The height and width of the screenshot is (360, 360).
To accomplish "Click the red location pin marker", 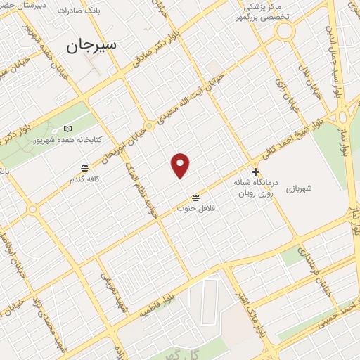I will pyautogui.click(x=181, y=165).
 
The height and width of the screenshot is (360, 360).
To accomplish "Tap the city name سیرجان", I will pyautogui.click(x=92, y=46).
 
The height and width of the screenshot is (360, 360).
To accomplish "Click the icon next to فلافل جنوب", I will pyautogui.click(x=195, y=197).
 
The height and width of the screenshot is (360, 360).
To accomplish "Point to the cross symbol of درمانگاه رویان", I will pyautogui.click(x=255, y=171).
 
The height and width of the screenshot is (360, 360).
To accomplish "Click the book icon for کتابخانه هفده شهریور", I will pyautogui.click(x=67, y=129).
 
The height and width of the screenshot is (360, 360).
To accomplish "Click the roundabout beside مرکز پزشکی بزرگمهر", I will pyautogui.click(x=285, y=30).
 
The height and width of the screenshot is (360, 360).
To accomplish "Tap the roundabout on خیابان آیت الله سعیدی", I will pyautogui.click(x=148, y=127).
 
